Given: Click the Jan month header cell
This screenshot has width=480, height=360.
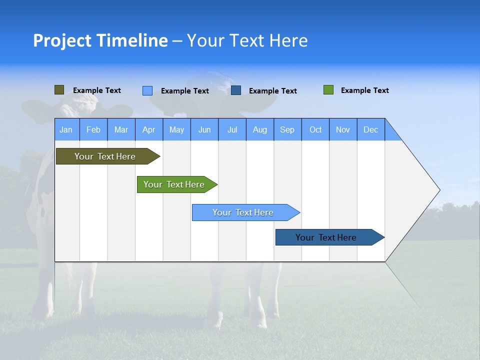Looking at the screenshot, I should pyautogui.click(x=66, y=129).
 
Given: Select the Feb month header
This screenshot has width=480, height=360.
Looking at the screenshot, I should pyautogui.click(x=93, y=129).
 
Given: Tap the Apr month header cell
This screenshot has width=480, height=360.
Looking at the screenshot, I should pyautogui.click(x=149, y=129).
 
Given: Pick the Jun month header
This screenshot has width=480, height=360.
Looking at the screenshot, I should pyautogui.click(x=204, y=129).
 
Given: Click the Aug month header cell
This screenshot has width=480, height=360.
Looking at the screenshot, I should pyautogui.click(x=260, y=129).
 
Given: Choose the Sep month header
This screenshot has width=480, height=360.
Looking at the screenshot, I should pyautogui.click(x=287, y=129).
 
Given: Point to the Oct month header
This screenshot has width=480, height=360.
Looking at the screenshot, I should pyautogui.click(x=315, y=129).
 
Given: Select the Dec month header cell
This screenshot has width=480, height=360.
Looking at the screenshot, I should pyautogui.click(x=371, y=129).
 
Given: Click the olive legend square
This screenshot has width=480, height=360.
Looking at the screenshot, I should pyautogui.click(x=59, y=90).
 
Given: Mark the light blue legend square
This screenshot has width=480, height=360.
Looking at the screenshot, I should pyautogui.click(x=147, y=90).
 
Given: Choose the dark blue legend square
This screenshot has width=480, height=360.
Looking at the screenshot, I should pyautogui.click(x=236, y=90).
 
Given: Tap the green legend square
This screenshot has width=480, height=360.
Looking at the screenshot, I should pyautogui.click(x=328, y=90).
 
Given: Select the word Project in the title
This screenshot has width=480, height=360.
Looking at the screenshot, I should pyautogui.click(x=62, y=40).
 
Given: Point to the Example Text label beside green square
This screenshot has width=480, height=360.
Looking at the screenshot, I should pyautogui.click(x=364, y=90).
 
